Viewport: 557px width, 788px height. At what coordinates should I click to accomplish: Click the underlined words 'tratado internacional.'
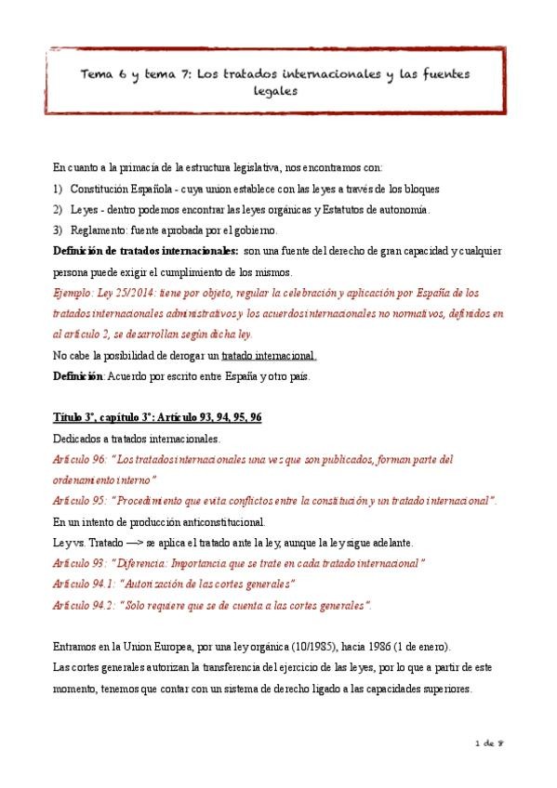pos(271,354)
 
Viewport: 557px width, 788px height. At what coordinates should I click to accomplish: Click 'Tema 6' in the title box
pos(99,73)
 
